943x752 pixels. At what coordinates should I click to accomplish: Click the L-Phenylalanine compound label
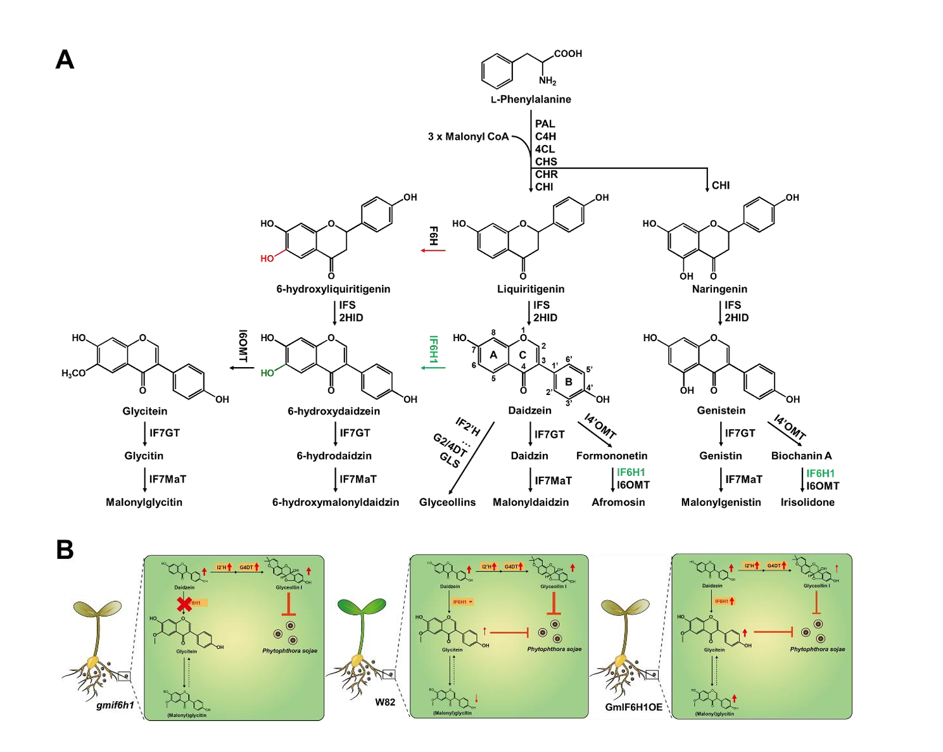531,99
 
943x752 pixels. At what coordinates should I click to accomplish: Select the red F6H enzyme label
434,236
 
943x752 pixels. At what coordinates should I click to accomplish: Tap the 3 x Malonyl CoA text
468,137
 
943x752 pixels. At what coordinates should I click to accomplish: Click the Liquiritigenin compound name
531,289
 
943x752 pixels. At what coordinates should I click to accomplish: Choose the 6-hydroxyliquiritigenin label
333,289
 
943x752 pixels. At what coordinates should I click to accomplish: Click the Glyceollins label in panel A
447,503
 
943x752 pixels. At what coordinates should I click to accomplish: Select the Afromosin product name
618,503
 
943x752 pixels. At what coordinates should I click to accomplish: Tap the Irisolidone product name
807,503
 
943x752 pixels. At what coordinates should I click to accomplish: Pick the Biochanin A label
801,456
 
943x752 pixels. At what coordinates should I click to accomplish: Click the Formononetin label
612,456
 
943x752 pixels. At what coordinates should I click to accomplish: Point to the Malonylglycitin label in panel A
144,503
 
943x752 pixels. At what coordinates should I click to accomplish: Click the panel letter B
65,550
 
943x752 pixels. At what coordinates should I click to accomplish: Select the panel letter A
65,60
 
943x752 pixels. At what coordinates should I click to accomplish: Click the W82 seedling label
385,701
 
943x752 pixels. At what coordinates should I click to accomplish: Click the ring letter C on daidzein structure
522,355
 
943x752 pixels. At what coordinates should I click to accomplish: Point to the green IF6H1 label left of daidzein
434,349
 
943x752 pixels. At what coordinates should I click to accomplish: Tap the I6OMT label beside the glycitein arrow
243,346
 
